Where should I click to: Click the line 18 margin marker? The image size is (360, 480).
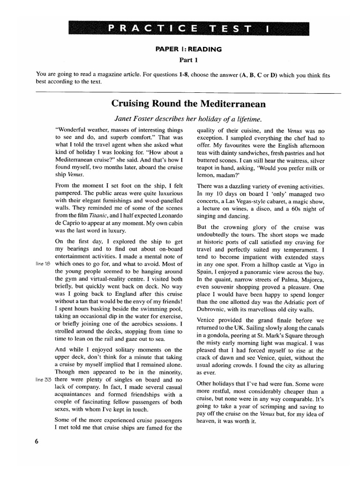pyautogui.click(x=43, y=263)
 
